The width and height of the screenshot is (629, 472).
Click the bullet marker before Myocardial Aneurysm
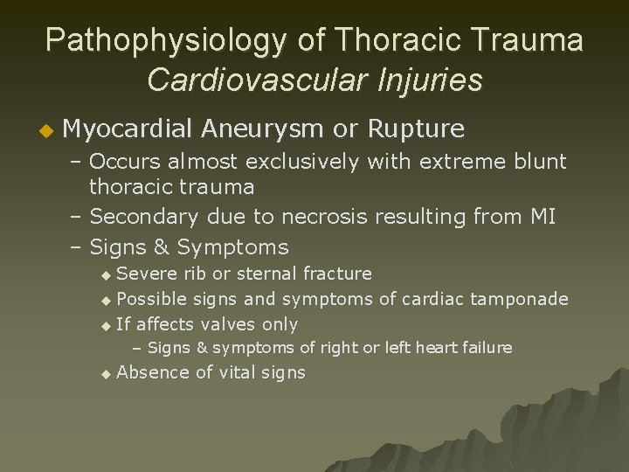tap(49, 131)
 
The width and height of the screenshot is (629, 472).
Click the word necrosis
tap(339, 216)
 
